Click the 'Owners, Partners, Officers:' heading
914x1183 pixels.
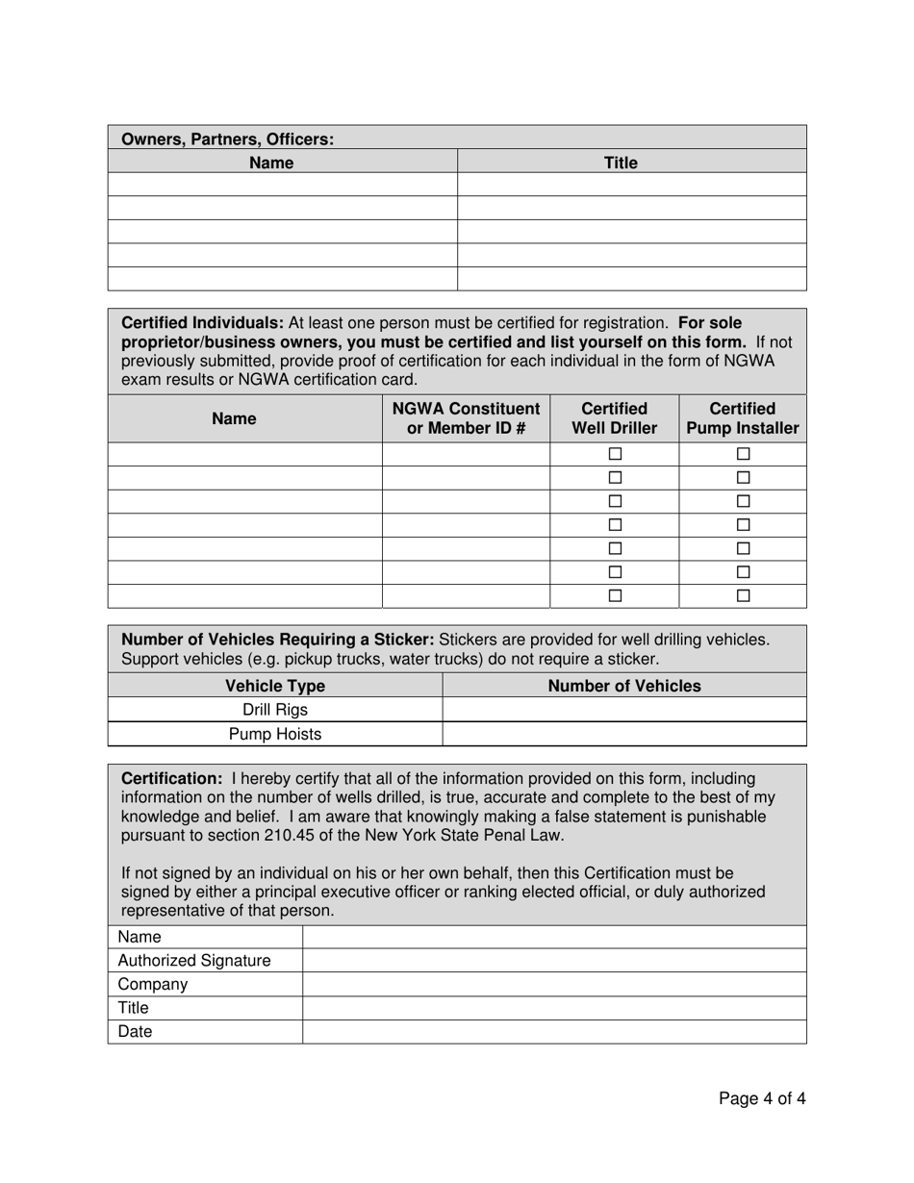tap(227, 139)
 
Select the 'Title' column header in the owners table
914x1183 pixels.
tap(621, 163)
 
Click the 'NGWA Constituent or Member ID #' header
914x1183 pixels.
tap(466, 418)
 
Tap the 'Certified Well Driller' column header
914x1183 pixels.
tap(614, 418)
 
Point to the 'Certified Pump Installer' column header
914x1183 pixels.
tap(742, 418)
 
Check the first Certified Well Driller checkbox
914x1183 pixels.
tap(615, 454)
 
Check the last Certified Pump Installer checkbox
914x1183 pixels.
tap(743, 595)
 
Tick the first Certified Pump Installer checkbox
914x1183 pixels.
tap(743, 454)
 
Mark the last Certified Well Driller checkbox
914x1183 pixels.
tap(615, 595)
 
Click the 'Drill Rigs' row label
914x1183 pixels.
tap(275, 710)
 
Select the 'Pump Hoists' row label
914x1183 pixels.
tap(275, 734)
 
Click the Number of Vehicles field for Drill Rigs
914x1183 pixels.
tap(623, 710)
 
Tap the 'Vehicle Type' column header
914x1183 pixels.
tap(275, 686)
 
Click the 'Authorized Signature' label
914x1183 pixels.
tap(194, 960)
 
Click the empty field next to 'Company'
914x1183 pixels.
tap(553, 984)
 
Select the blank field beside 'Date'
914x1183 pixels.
tap(553, 1031)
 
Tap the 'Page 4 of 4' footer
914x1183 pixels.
tap(762, 1098)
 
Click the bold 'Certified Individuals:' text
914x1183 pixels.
tap(202, 322)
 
